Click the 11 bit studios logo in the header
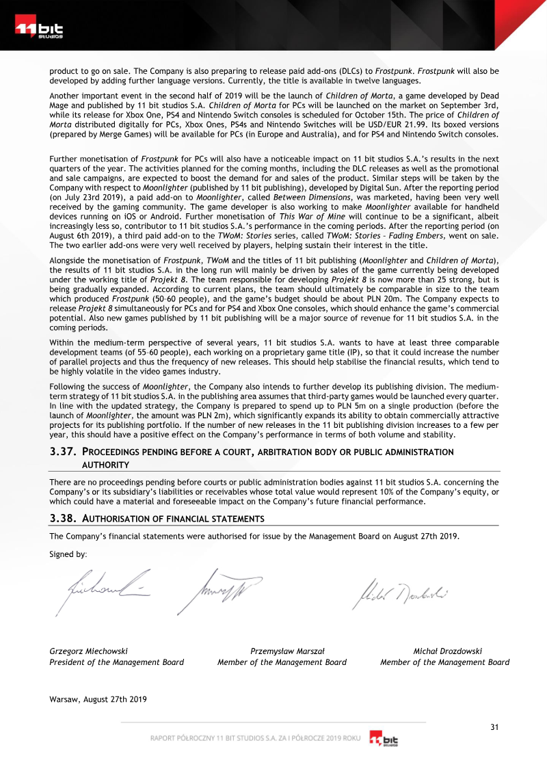[x=39, y=30]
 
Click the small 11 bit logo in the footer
[x=384, y=740]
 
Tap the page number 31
[x=494, y=727]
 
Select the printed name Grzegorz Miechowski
[x=88, y=651]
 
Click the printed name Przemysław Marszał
[x=287, y=651]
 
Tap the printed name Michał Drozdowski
[x=448, y=651]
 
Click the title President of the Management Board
[x=116, y=662]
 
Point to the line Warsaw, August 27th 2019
[x=98, y=699]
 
